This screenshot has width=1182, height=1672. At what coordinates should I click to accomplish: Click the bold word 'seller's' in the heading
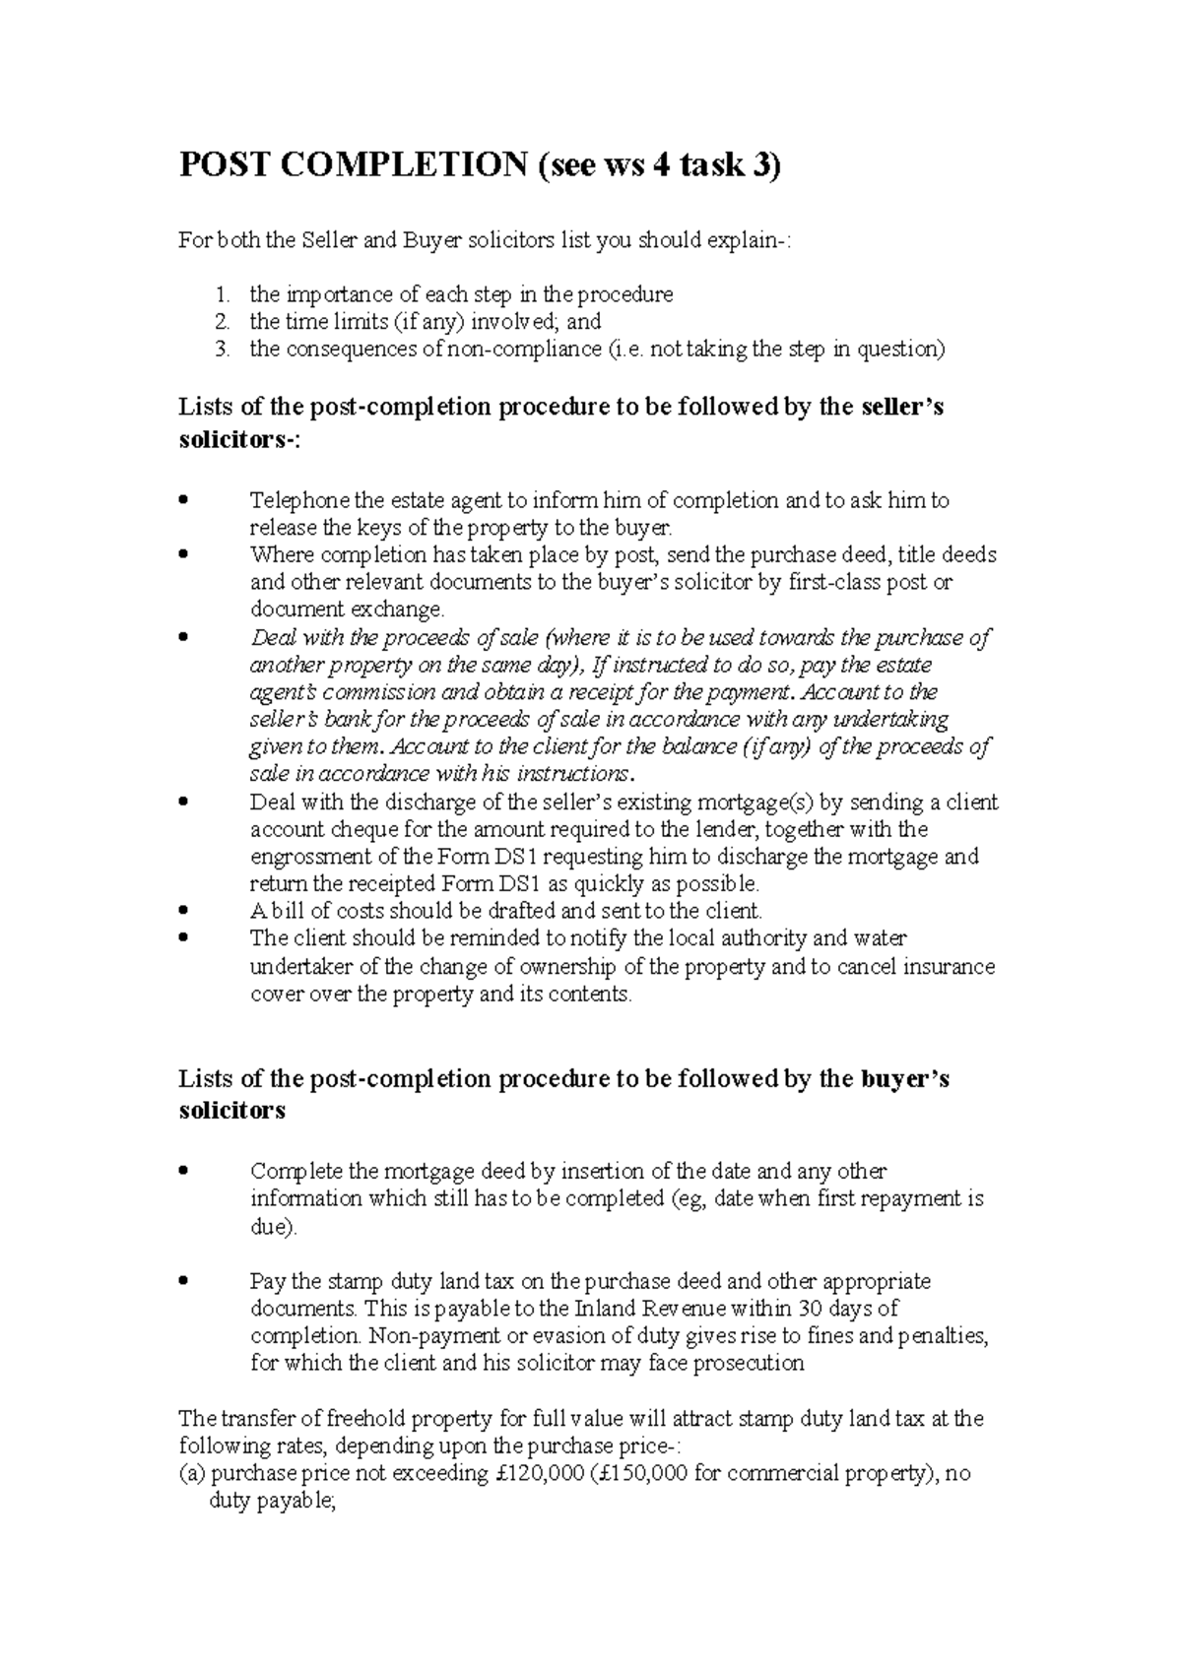point(901,407)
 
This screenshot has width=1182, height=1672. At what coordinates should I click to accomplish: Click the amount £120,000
point(539,1473)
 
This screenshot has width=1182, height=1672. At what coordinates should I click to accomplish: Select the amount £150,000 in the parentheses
point(632,1473)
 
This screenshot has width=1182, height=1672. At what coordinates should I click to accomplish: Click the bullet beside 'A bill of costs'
point(183,911)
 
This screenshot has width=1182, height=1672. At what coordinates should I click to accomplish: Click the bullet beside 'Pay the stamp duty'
point(183,1282)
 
